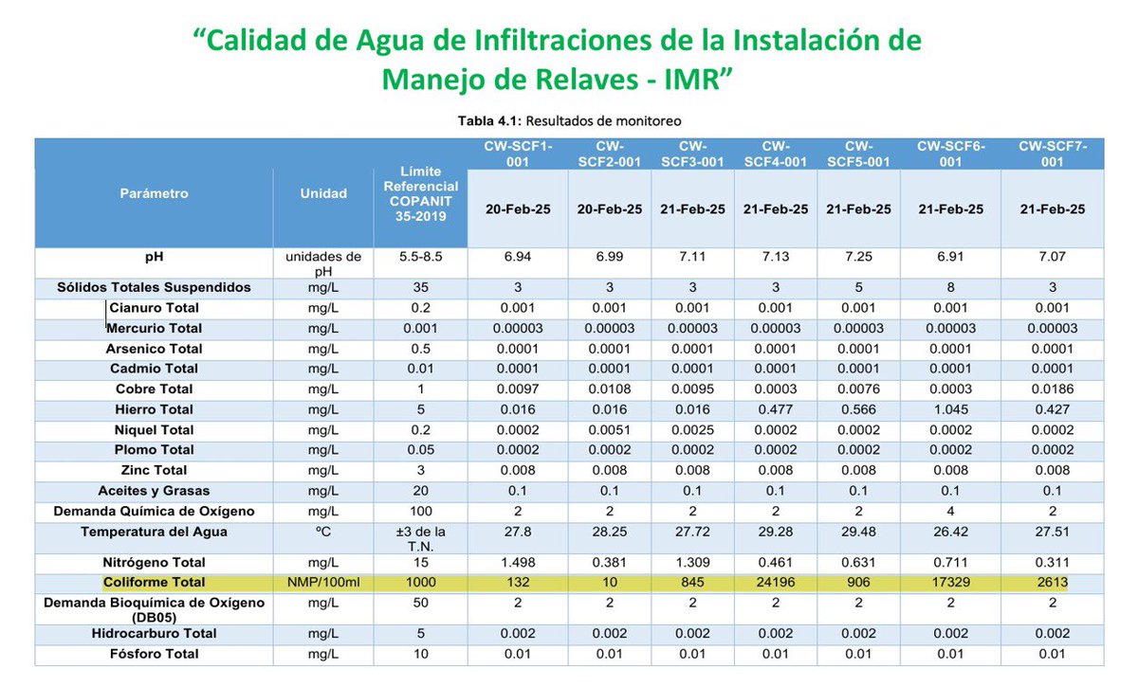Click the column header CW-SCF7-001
[1053, 154]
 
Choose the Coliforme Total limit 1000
[420, 583]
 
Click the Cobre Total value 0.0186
[1053, 389]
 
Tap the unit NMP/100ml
[324, 583]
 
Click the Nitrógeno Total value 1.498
[518, 563]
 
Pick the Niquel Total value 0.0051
[610, 430]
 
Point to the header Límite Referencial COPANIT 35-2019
[420, 194]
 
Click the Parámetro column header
[154, 193]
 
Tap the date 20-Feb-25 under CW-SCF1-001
[518, 208]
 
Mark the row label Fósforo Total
[155, 654]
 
